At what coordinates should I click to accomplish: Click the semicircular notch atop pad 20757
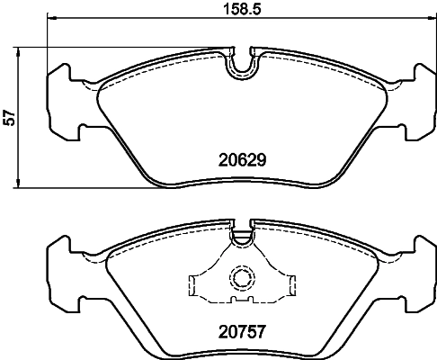(x=240, y=238)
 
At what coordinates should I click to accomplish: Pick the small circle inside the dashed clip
(x=240, y=278)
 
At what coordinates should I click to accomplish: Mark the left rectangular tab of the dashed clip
(x=197, y=285)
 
